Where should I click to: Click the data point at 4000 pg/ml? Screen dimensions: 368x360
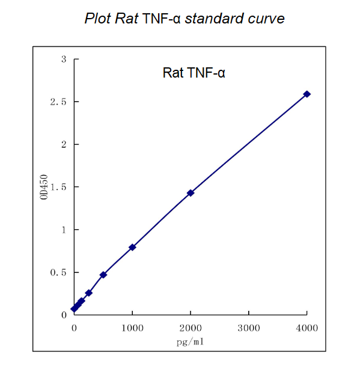tap(307, 94)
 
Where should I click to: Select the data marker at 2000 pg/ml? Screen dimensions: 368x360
tap(191, 193)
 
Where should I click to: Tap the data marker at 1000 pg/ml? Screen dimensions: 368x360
tap(132, 247)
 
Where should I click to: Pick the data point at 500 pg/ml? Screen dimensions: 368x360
tap(103, 275)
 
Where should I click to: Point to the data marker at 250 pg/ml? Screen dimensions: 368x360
tap(89, 293)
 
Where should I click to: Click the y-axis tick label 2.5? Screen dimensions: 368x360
tap(58, 102)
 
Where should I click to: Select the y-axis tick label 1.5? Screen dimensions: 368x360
tap(58, 188)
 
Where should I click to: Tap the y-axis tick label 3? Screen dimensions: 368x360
tap(64, 60)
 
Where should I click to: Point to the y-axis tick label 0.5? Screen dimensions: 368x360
tap(58, 273)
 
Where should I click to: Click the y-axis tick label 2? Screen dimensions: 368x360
tap(64, 145)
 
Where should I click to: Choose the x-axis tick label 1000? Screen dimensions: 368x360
tap(132, 328)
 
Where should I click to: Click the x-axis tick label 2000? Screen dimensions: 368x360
tap(191, 328)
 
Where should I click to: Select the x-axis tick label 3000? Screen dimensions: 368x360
tap(249, 328)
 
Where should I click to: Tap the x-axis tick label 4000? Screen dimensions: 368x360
tap(307, 328)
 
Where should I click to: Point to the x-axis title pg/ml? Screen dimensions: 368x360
tap(191, 341)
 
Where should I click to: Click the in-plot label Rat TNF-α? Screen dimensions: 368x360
tap(194, 73)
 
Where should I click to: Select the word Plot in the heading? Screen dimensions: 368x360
tap(98, 19)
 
